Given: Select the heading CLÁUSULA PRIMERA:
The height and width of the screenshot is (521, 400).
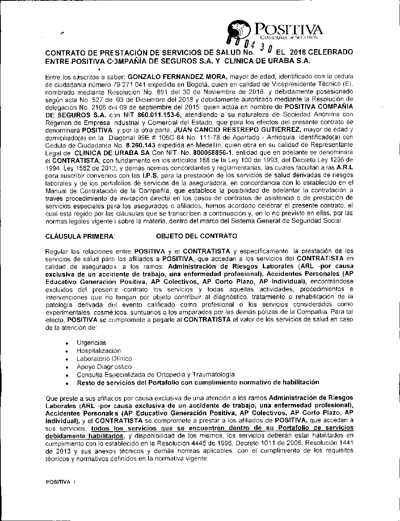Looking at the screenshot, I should click(x=80, y=236).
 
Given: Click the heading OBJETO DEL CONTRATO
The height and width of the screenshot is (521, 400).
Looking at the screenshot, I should click(x=196, y=236).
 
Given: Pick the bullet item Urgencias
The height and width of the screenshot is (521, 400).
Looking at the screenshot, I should click(x=92, y=343).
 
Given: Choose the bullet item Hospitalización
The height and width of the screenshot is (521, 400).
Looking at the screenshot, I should click(x=99, y=351).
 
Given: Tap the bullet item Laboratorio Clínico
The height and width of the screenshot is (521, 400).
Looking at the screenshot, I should click(x=104, y=359).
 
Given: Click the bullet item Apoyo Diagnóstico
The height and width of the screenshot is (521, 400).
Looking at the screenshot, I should click(x=104, y=367).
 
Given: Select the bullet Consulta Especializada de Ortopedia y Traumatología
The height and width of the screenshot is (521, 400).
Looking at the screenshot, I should click(x=156, y=375).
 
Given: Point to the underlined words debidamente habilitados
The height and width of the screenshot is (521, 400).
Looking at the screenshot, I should click(x=85, y=436).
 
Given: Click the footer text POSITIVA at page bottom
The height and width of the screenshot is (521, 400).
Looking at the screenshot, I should click(x=58, y=482).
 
